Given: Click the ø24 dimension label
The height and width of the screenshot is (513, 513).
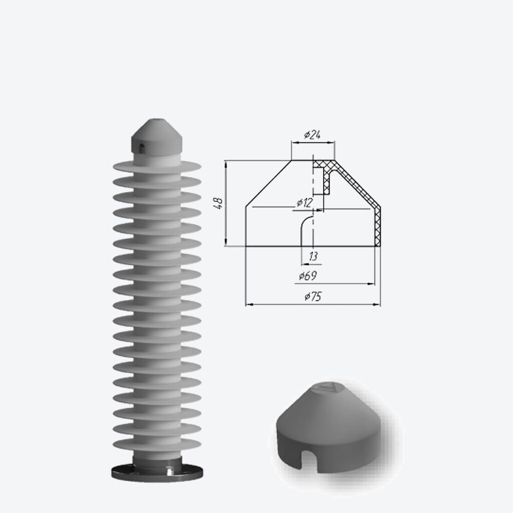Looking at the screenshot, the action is pyautogui.click(x=312, y=135).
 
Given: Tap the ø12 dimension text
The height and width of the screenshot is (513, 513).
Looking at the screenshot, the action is pyautogui.click(x=305, y=203).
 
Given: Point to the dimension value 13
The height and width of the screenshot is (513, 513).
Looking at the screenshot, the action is pyautogui.click(x=313, y=256).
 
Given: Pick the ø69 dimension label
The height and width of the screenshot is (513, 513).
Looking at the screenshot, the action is pyautogui.click(x=308, y=276).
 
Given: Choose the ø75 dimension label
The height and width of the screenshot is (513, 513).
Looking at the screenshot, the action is pyautogui.click(x=313, y=297).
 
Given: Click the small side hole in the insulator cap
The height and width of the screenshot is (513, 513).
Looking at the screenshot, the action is pyautogui.click(x=141, y=148).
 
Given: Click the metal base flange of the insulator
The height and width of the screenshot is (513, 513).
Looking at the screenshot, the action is pyautogui.click(x=157, y=472).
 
